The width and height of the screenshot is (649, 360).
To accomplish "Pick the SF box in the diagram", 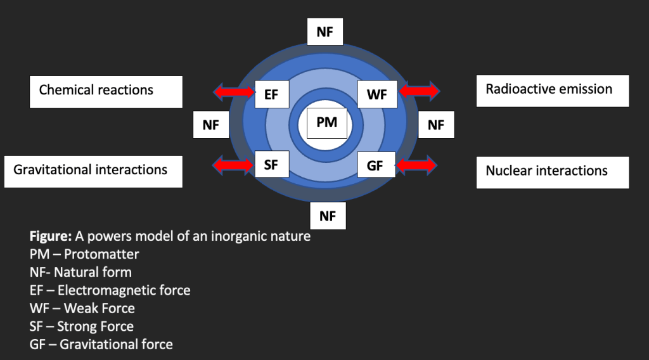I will (271, 165).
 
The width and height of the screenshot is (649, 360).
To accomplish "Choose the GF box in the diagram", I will (375, 166).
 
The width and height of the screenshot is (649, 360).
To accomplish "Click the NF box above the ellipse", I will (324, 32).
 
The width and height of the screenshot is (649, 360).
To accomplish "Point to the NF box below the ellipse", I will (327, 216).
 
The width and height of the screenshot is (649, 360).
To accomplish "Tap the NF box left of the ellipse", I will (211, 125).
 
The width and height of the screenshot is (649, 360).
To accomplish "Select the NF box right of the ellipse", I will (435, 125).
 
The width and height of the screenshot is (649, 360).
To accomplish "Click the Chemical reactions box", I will (106, 91).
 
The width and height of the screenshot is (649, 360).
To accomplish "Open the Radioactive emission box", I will (552, 90).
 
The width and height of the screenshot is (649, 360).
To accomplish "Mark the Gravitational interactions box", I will (93, 171).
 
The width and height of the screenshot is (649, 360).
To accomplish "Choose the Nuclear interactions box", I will (552, 172).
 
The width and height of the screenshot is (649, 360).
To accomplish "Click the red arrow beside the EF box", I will (233, 93).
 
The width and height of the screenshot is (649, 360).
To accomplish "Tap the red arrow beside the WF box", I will (418, 91).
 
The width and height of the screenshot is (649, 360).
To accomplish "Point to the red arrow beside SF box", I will (233, 166).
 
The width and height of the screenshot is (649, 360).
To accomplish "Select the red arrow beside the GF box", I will (416, 166).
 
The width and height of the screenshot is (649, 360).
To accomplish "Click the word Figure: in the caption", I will (51, 237).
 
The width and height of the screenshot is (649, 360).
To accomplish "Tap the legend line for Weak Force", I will (82, 309).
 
